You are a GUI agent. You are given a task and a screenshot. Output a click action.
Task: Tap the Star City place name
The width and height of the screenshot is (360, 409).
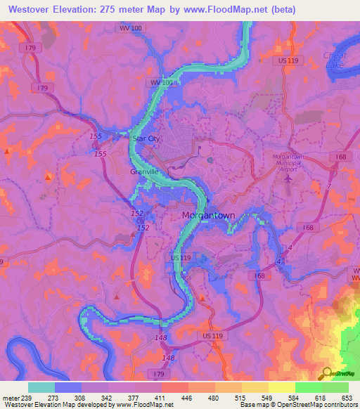(x=146, y=139)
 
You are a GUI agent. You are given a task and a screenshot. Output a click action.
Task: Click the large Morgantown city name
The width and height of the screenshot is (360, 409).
(x=208, y=215)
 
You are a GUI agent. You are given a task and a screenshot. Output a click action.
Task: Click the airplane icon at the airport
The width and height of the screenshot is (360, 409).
(x=289, y=176)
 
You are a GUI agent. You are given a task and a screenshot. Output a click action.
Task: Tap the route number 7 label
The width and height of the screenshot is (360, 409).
(x=328, y=185)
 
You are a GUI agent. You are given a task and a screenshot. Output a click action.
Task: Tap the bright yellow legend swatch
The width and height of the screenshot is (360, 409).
(x=282, y=387)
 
